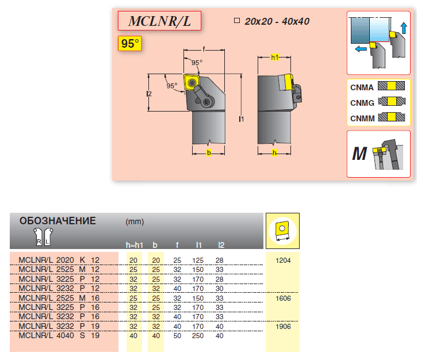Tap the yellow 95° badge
click(x=130, y=44)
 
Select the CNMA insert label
click(x=362, y=87)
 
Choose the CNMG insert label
click(x=362, y=103)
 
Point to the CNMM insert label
click(x=362, y=118)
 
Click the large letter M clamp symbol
click(x=359, y=154)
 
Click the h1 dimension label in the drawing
click(x=274, y=58)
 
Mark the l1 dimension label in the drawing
click(x=242, y=119)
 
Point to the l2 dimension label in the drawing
click(x=148, y=93)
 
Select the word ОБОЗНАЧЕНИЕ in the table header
click(x=58, y=221)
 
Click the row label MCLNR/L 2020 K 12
click(x=59, y=261)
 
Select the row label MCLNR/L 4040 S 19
click(x=59, y=335)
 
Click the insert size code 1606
click(x=283, y=298)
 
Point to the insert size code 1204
click(x=283, y=261)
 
